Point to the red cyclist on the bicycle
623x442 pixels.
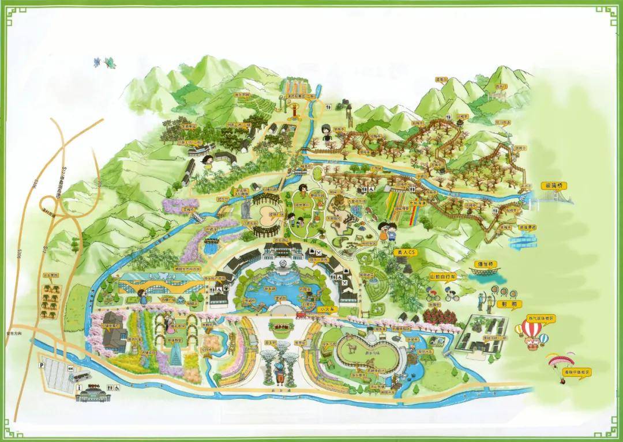tap(451, 296)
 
